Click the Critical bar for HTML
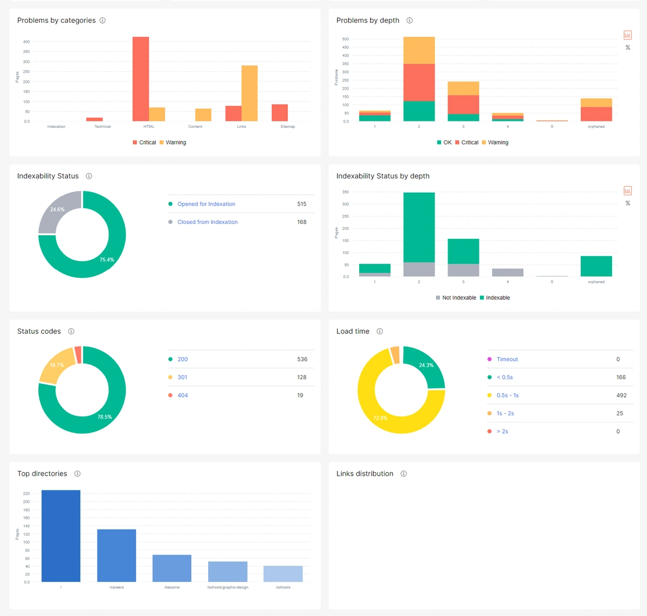[141, 79]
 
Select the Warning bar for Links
[249, 93]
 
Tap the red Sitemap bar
[279, 113]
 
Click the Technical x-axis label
[102, 127]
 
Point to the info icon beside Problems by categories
[102, 20]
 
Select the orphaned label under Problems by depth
[596, 127]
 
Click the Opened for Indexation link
[206, 204]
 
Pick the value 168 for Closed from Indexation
[301, 222]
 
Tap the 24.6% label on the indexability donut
[57, 209]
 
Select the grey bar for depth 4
[507, 272]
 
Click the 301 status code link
[182, 378]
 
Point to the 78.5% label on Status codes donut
[105, 417]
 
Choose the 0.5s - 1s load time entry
[507, 395]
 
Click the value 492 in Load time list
[621, 395]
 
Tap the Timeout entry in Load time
[507, 359]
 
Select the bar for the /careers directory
[116, 556]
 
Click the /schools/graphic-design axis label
[228, 587]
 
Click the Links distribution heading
[364, 474]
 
